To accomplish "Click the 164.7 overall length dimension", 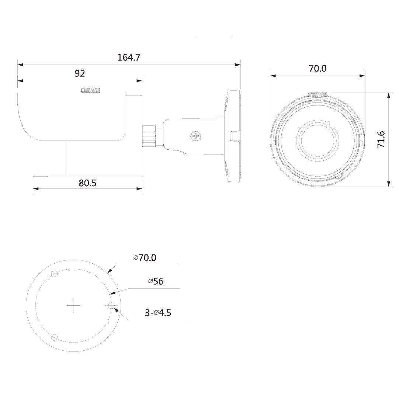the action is click(129, 58).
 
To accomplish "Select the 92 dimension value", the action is click(80, 73).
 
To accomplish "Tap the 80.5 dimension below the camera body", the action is click(87, 183).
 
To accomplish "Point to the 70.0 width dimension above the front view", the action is click(318, 69).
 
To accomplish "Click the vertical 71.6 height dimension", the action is click(381, 140).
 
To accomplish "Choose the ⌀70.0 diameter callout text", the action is click(145, 258).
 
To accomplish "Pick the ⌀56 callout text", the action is click(156, 281).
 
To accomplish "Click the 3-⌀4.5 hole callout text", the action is click(158, 312).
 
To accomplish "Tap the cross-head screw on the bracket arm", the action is click(195, 137).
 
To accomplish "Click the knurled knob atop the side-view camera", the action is click(91, 90).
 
